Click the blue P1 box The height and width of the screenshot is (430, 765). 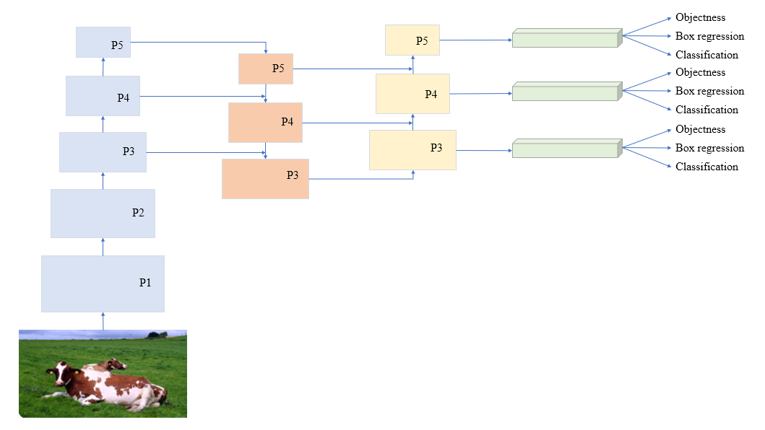[103, 284]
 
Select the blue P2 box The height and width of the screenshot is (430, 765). [103, 213]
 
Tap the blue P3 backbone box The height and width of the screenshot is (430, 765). [103, 152]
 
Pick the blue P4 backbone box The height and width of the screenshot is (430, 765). [103, 96]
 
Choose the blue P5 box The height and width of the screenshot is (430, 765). [103, 43]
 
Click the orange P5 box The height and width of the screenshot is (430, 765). [266, 69]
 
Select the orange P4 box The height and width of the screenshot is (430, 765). [265, 123]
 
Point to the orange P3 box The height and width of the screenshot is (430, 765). [265, 178]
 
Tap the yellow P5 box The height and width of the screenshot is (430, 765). [412, 40]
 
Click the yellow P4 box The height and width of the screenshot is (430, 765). [412, 94]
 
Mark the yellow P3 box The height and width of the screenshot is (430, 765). [412, 150]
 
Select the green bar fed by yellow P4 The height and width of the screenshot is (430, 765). [566, 92]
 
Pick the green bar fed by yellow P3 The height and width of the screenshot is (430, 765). [566, 149]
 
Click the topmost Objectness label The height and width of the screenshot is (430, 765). [700, 17]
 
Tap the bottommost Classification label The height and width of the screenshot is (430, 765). [706, 167]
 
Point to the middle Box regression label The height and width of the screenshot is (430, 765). [709, 91]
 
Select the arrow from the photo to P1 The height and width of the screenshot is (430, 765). [103, 321]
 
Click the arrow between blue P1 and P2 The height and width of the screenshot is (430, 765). [103, 247]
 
